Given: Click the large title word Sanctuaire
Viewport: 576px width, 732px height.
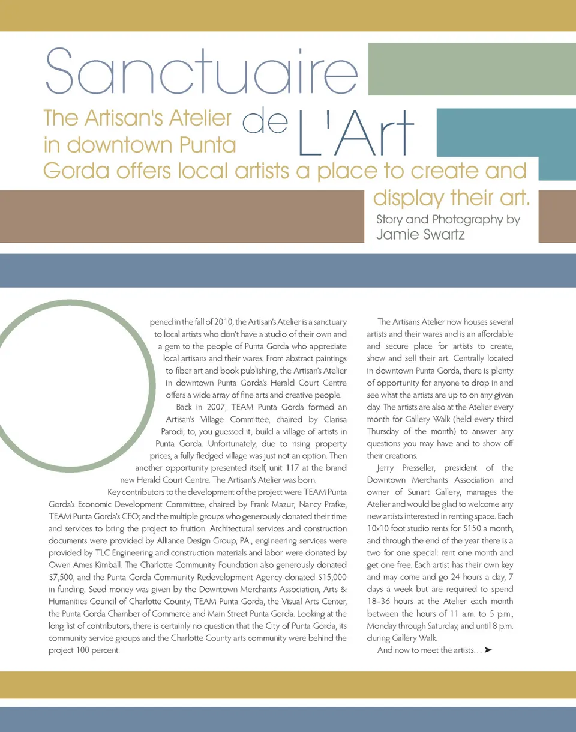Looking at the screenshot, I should pyautogui.click(x=201, y=71).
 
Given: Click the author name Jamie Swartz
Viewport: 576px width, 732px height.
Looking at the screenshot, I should pyautogui.click(x=420, y=234).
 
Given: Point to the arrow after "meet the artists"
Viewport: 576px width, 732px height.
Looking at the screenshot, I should pyautogui.click(x=488, y=650).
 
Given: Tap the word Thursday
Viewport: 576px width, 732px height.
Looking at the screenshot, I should pyautogui.click(x=388, y=431).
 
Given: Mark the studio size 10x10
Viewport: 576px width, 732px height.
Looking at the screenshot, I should pyautogui.click(x=380, y=528).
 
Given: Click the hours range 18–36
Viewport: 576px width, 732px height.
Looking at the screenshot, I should pyautogui.click(x=380, y=602).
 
